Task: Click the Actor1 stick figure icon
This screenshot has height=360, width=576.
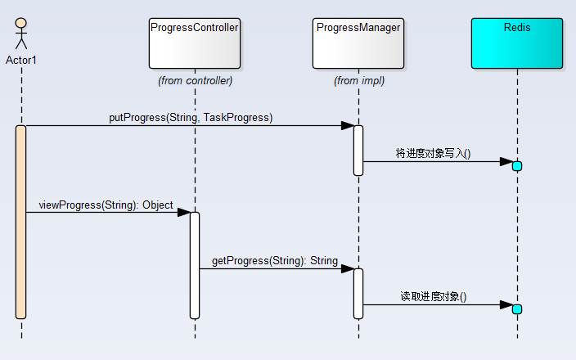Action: (x=21, y=34)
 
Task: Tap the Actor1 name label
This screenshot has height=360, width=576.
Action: (x=21, y=61)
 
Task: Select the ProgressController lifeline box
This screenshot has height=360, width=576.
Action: (x=195, y=43)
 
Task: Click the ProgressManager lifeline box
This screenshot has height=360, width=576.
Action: (x=358, y=43)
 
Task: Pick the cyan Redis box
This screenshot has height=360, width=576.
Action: (x=517, y=43)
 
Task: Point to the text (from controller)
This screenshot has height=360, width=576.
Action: (x=195, y=81)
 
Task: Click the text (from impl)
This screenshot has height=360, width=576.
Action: (x=359, y=81)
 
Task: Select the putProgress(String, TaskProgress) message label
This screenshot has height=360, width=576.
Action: (x=191, y=118)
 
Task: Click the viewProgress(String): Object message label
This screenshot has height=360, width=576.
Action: (x=106, y=205)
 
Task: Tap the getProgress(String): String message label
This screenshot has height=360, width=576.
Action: (x=275, y=261)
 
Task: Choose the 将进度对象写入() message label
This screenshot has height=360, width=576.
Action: (x=433, y=153)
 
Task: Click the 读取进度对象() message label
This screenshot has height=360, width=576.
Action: (x=434, y=296)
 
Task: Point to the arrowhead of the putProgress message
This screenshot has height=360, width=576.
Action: (x=348, y=126)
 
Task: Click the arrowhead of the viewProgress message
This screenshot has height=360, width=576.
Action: (x=184, y=213)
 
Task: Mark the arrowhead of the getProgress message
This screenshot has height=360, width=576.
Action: (x=348, y=269)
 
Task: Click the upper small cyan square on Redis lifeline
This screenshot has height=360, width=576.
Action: (x=517, y=166)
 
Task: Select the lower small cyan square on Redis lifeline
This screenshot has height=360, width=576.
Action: (x=517, y=309)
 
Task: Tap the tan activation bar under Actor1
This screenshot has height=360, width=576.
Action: (x=21, y=223)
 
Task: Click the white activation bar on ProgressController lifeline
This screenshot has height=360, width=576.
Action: (x=195, y=266)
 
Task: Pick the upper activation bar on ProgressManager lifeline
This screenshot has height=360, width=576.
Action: (x=358, y=151)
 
